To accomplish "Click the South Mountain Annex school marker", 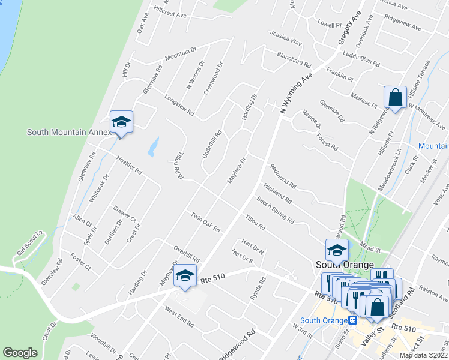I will [x=121, y=122].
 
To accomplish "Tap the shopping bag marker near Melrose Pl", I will [x=396, y=97].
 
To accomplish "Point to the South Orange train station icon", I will [x=352, y=319].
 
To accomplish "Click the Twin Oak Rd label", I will [x=206, y=223].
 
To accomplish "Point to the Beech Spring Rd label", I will [x=275, y=210].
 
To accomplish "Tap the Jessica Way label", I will [x=286, y=38].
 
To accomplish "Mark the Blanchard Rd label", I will [x=294, y=59].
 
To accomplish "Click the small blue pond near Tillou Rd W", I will [x=154, y=146].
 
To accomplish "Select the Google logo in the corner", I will [x=20, y=353].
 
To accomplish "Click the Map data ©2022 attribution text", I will [x=423, y=355].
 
